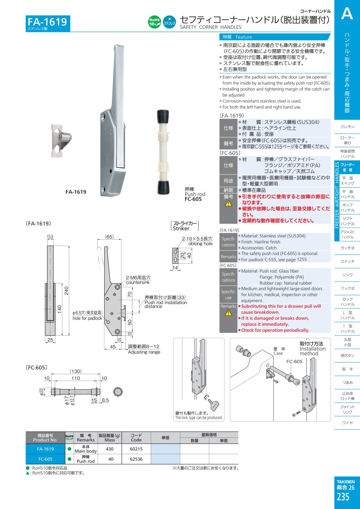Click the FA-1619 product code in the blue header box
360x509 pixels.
[47, 22]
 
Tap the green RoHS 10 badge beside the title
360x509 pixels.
[154, 22]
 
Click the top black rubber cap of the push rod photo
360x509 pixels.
[163, 117]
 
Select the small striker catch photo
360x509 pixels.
[61, 140]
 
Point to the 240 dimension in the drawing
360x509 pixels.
[66, 291]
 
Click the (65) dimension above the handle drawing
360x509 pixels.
[109, 237]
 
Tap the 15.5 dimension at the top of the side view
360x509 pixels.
[50, 236]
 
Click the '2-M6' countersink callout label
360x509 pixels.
[138, 278]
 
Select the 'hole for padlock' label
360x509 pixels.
[87, 319]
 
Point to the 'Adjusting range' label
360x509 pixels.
[144, 352]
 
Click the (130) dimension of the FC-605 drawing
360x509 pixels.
[76, 371]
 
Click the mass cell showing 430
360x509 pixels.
[110, 449]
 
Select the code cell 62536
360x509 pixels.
[136, 459]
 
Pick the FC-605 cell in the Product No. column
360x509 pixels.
[46, 459]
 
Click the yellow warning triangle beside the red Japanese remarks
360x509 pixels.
[228, 203]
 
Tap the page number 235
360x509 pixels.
[343, 497]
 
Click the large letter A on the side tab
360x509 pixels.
[347, 14]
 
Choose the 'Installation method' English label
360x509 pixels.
[312, 351]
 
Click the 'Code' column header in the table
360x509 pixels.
[136, 440]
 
